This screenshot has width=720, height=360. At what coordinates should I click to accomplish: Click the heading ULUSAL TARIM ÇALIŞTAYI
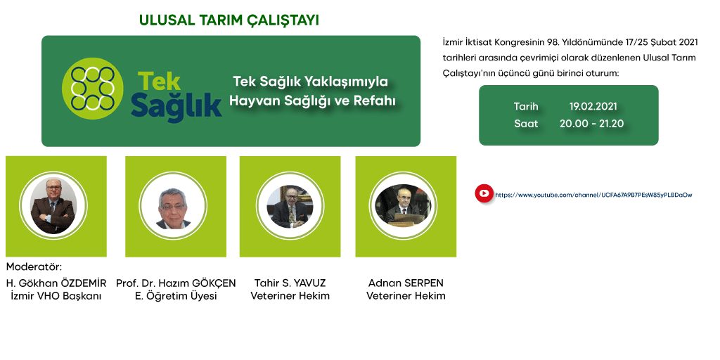(229, 20)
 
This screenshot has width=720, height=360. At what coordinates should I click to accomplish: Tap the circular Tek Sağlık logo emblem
(93, 89)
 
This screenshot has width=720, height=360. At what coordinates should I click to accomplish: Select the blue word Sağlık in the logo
(176, 105)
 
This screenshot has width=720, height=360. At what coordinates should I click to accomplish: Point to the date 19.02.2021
(593, 106)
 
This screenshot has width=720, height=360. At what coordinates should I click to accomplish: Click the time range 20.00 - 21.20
(591, 124)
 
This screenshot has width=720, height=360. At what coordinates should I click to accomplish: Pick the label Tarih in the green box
(526, 106)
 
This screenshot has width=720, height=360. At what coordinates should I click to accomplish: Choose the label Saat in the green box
(526, 124)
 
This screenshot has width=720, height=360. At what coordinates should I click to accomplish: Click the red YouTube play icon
(484, 193)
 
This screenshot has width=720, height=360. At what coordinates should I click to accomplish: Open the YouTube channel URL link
(593, 195)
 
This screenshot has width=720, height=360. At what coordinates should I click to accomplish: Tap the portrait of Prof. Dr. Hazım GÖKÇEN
(174, 207)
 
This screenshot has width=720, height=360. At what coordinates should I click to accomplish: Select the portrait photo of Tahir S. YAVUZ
(290, 206)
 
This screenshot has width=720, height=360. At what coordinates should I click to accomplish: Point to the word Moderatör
(34, 267)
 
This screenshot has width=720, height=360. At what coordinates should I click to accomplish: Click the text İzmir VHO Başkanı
(56, 296)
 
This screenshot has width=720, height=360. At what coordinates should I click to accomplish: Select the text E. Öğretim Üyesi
(176, 296)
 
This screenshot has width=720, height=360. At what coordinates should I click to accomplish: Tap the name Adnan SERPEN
(406, 283)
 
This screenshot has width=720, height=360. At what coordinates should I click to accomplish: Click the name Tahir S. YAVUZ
(290, 283)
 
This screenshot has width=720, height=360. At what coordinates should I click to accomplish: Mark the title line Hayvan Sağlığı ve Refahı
(312, 101)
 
